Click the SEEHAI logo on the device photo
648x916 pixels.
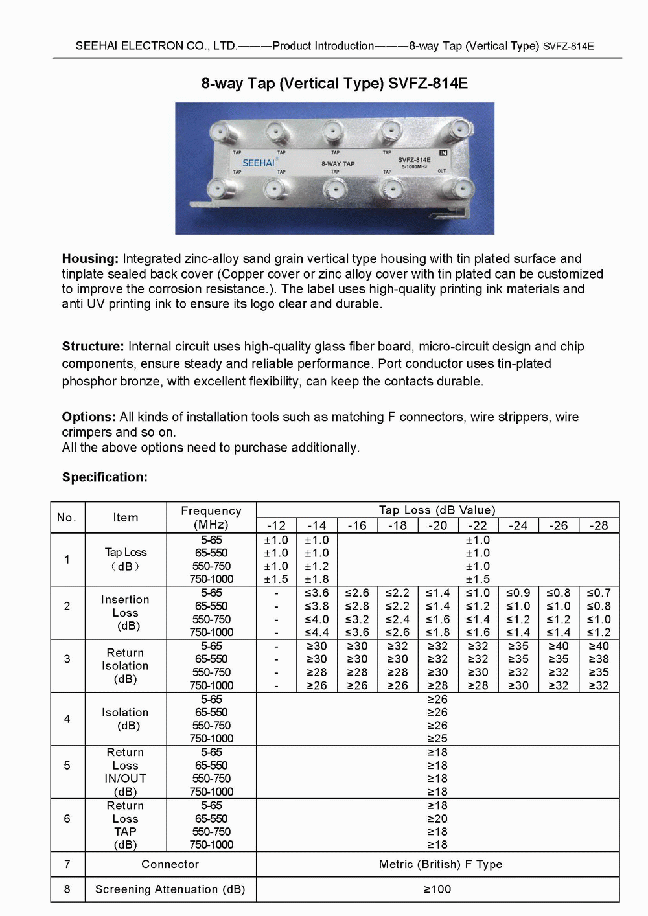point(259,163)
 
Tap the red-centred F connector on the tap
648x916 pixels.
point(335,189)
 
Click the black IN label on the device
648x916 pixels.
point(443,153)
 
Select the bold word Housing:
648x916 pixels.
point(90,258)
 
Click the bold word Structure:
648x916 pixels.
point(93,347)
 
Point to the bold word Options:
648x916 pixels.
point(89,417)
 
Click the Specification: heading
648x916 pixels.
point(104,477)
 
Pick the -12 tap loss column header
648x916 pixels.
point(276,525)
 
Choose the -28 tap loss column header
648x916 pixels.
point(599,525)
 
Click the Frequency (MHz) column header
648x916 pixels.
point(211,518)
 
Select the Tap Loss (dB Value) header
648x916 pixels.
point(437,510)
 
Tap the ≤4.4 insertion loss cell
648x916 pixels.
point(317,632)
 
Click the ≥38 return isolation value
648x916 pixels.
point(599,659)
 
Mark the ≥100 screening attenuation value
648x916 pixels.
point(437,889)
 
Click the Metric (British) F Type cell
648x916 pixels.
point(440,864)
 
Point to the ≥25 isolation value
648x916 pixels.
point(437,739)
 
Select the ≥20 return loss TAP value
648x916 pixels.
point(437,819)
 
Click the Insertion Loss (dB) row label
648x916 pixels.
point(125,613)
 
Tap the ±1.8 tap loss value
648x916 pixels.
point(317,579)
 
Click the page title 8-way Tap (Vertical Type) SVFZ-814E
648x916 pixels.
point(334,84)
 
